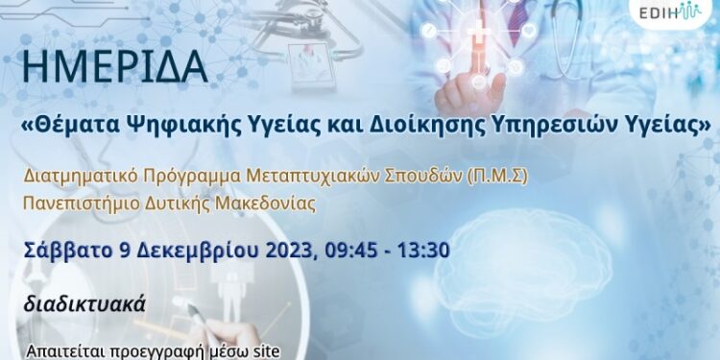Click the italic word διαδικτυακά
click(x=86, y=305)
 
